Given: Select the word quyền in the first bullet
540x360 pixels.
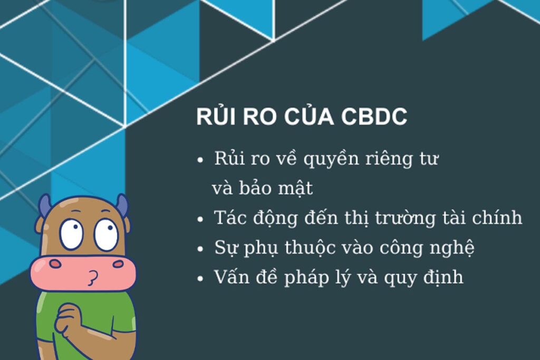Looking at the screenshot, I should click(x=330, y=159).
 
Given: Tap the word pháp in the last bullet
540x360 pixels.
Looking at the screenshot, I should click(x=309, y=277).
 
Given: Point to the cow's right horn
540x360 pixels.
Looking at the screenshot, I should click(x=122, y=205).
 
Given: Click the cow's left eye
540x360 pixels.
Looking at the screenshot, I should click(x=71, y=233).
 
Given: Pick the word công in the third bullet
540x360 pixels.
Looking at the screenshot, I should click(x=408, y=248).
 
